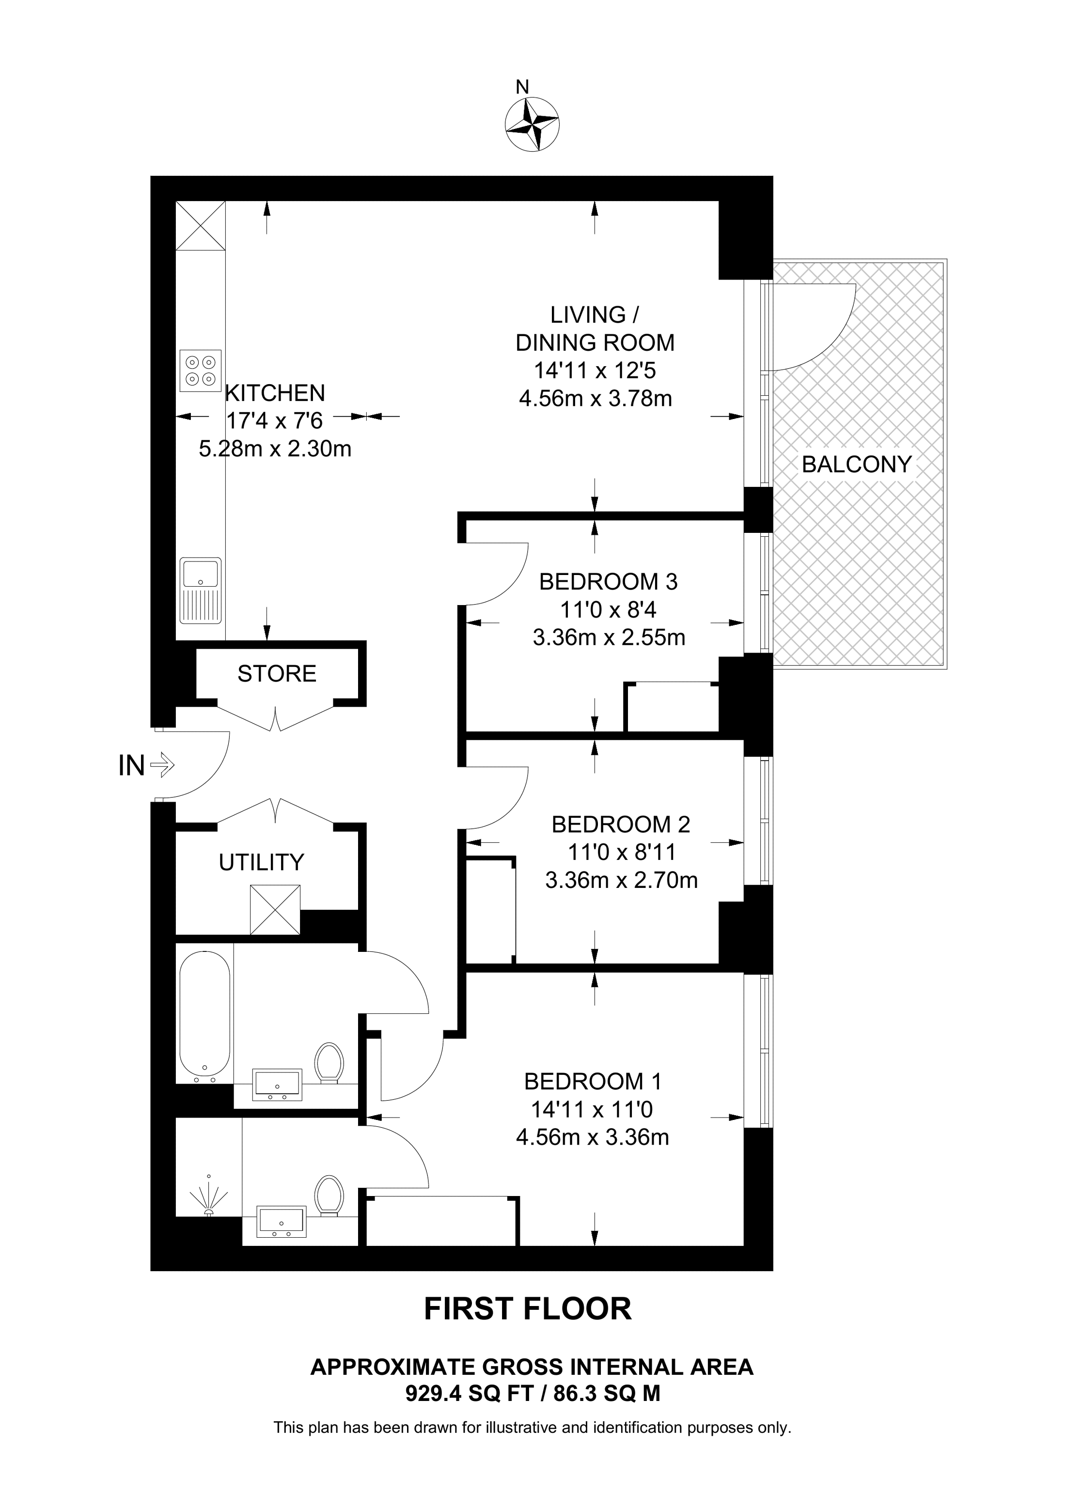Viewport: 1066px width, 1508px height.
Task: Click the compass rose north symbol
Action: pos(532,124)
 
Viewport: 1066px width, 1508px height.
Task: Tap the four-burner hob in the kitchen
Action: pos(200,371)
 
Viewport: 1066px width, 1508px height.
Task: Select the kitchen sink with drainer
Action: pos(200,591)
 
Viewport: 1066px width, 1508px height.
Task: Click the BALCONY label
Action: pos(857,465)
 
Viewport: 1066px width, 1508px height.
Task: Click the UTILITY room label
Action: pos(261,862)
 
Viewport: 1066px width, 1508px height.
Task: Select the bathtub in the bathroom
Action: pos(204,1015)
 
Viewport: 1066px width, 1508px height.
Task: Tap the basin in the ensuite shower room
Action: pos(281,1222)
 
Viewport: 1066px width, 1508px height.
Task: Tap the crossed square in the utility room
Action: pos(275,910)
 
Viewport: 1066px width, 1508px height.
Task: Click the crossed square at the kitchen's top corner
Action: pos(200,225)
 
